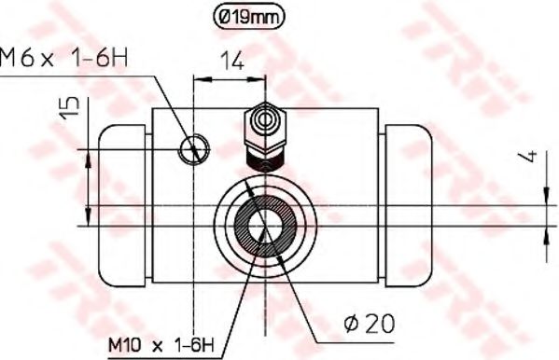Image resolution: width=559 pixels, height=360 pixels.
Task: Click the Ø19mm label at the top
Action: point(245,15)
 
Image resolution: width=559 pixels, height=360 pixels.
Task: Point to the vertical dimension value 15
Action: point(64,113)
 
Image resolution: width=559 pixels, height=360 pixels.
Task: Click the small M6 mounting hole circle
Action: point(196,146)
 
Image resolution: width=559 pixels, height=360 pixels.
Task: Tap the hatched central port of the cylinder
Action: point(265,225)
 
